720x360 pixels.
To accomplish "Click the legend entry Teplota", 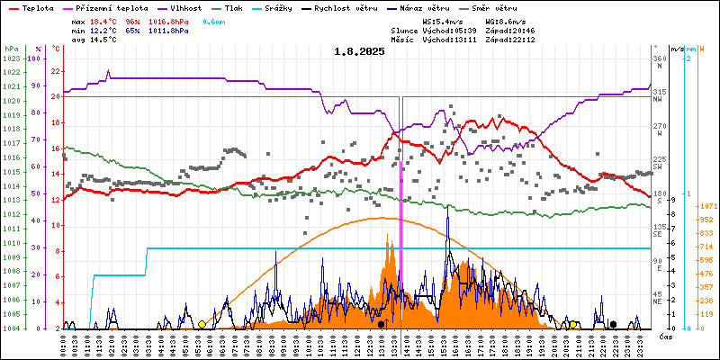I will [37, 6].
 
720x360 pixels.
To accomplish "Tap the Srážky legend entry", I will [290, 6].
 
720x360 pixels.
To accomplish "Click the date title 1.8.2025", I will [359, 51].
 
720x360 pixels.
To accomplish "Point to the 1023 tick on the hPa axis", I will [11, 59].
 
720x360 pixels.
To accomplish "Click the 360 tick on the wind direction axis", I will [660, 58].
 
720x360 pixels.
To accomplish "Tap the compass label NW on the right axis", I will [659, 101].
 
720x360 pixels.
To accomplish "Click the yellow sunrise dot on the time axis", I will [202, 324].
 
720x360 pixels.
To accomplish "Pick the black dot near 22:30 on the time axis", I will [613, 324].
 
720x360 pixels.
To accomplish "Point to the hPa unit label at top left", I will [10, 48].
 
